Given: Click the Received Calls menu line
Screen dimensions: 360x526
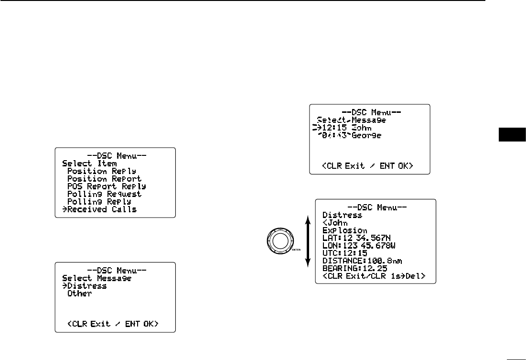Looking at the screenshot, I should (101, 209).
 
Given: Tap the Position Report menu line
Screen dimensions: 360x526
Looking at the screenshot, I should (104, 178).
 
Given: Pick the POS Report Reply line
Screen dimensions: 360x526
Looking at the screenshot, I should (106, 186).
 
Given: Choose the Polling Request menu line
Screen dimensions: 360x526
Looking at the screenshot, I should (104, 194).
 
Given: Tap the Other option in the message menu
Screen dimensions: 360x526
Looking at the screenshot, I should (79, 294).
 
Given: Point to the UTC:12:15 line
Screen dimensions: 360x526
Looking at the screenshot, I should (345, 253).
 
